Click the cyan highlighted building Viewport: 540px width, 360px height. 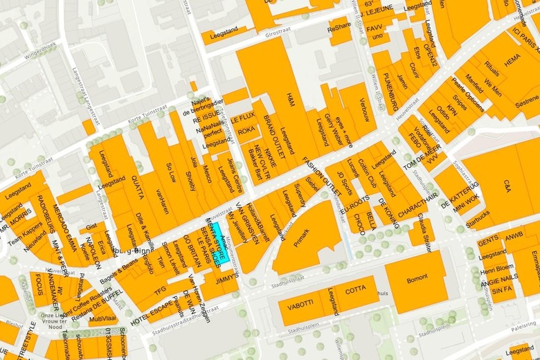[219, 242]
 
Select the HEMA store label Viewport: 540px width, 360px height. [512, 61]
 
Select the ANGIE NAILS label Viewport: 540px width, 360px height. [498, 280]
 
